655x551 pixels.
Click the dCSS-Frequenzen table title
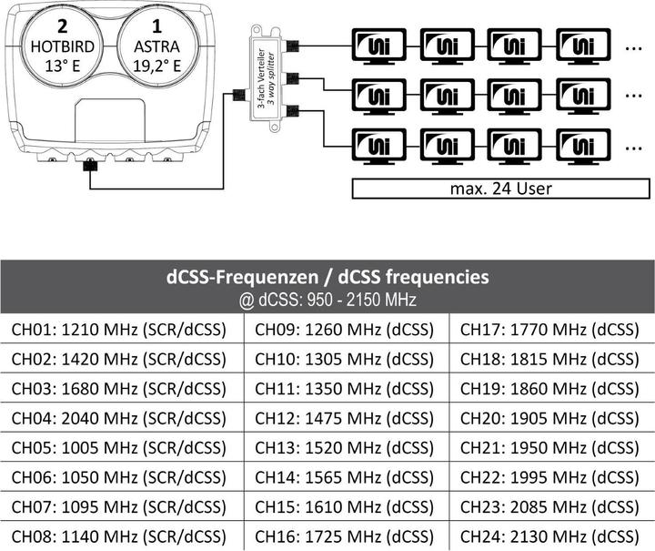pos(327,276)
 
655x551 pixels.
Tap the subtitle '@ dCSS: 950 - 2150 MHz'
pos(327,297)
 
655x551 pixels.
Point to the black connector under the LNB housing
pos(90,167)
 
